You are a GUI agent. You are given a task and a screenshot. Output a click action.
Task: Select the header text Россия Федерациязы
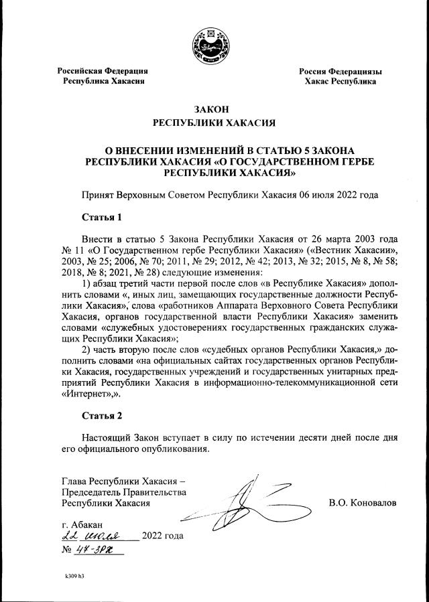(x=340, y=71)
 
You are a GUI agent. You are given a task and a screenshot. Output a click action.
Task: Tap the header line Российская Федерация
(x=103, y=71)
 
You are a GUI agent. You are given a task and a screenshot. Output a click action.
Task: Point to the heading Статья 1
(x=102, y=217)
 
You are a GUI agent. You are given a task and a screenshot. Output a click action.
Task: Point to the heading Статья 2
(x=102, y=417)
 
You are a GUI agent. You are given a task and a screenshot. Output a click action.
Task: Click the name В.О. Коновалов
(x=363, y=502)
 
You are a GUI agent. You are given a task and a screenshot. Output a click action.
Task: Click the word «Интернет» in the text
(x=90, y=394)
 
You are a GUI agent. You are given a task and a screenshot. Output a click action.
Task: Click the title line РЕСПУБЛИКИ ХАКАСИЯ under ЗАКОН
(x=214, y=123)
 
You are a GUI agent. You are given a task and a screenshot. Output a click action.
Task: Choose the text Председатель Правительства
(x=123, y=492)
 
